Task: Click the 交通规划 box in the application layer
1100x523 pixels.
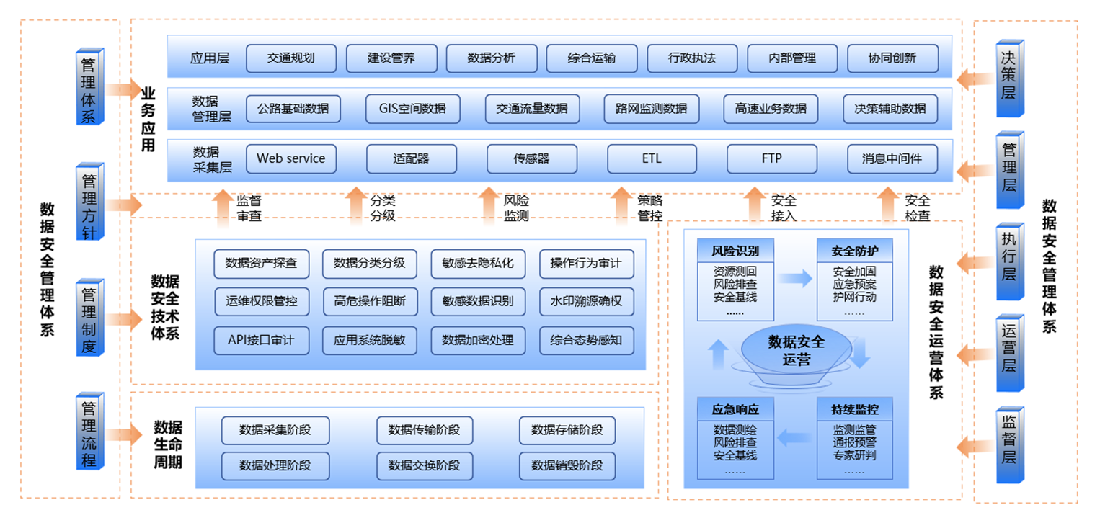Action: (290, 58)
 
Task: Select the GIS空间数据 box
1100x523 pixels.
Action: (412, 109)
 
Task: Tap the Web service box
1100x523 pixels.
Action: (290, 158)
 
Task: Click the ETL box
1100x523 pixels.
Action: (652, 158)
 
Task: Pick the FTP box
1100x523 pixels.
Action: (771, 158)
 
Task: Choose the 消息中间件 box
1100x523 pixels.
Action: (892, 158)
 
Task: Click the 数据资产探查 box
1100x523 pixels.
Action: (260, 263)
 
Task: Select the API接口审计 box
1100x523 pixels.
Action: (260, 340)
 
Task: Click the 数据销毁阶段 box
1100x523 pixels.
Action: (567, 465)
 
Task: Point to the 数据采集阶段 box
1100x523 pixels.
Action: (275, 430)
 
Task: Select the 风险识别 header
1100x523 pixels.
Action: (735, 251)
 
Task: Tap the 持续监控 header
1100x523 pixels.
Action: (854, 410)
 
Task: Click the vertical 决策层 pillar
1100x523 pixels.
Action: (1009, 79)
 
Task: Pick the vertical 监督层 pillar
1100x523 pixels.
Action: (1009, 446)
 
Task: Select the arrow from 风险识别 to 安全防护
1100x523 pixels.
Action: (796, 280)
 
